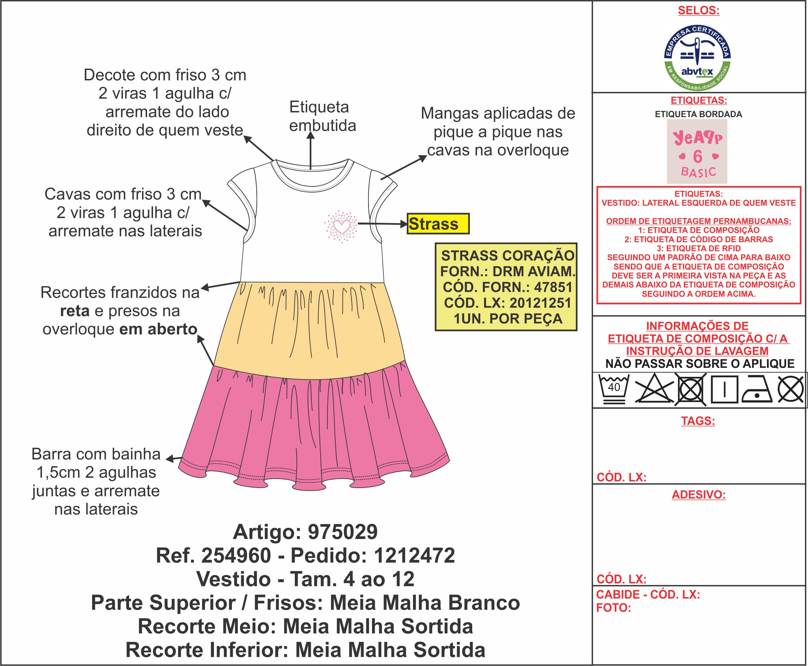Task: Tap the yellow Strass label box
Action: tap(438, 224)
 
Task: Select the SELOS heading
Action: tap(699, 11)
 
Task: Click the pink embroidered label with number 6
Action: tap(697, 151)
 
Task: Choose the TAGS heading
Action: tap(698, 421)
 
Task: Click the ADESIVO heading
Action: tap(699, 495)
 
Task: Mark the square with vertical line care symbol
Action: tap(724, 390)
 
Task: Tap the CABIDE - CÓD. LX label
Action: tap(648, 594)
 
